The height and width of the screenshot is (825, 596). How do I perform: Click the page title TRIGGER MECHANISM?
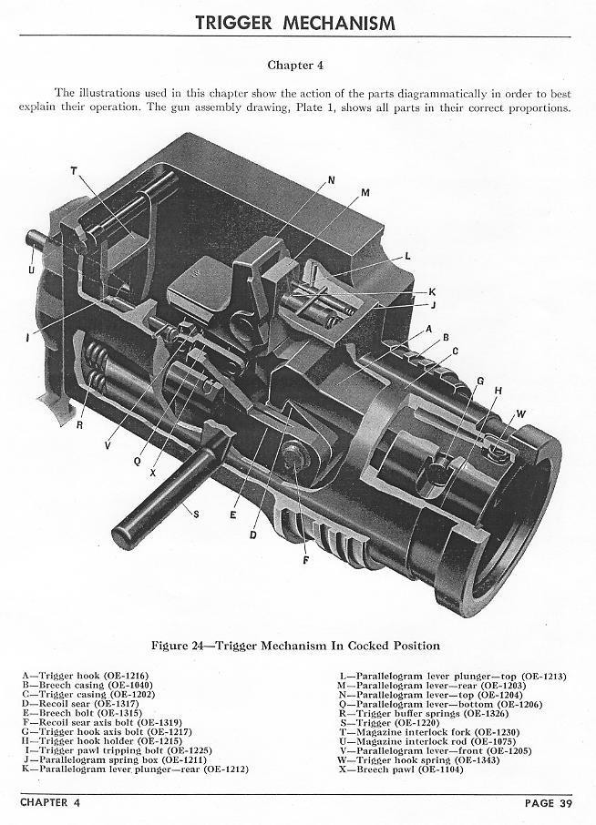[x=295, y=23]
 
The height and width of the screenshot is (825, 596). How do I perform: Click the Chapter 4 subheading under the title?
[x=295, y=66]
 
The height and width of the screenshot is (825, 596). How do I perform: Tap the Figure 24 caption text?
[x=295, y=646]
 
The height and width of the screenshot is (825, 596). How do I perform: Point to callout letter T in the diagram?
[x=74, y=170]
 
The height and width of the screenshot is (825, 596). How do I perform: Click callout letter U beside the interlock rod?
[x=32, y=270]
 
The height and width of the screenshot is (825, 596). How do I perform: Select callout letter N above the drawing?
[x=331, y=180]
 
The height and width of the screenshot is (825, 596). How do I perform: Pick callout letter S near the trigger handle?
[x=196, y=514]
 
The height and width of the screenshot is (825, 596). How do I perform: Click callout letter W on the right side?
[x=520, y=414]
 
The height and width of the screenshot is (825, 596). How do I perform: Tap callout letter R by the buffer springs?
[x=79, y=425]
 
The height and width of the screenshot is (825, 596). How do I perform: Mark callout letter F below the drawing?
[x=306, y=561]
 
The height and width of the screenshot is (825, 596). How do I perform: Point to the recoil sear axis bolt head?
[x=293, y=454]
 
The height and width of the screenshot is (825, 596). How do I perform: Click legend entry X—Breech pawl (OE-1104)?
[x=401, y=769]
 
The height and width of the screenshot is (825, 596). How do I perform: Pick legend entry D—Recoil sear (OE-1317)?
[x=80, y=704]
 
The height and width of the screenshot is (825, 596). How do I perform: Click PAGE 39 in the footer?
[x=548, y=803]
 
